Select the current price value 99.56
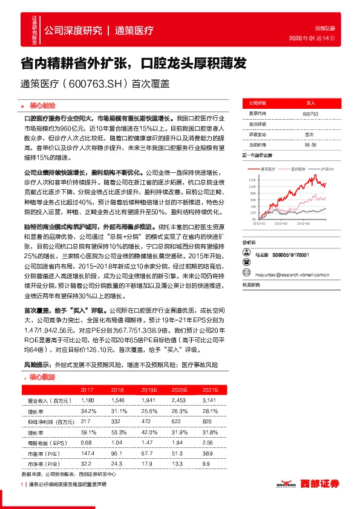click(x=311, y=144)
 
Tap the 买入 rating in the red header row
click(x=311, y=103)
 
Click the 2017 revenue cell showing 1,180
click(x=88, y=400)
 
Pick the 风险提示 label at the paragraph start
click(x=37, y=366)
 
